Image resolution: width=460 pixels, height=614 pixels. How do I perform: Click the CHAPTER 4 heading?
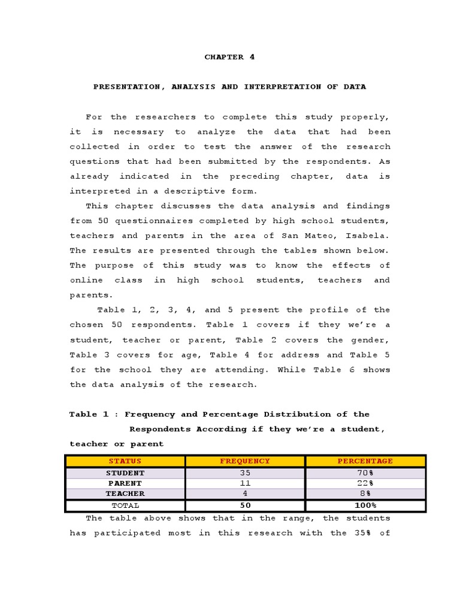tap(229, 57)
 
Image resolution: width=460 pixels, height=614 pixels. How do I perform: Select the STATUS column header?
tap(125, 461)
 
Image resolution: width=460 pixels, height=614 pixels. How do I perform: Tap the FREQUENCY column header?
tap(245, 461)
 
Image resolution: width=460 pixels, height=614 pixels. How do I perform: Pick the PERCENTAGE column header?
tap(365, 461)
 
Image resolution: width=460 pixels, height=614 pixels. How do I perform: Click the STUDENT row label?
tap(125, 473)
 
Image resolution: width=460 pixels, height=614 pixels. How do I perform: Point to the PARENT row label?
tap(125, 483)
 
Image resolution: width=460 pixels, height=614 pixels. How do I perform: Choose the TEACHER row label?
tap(125, 493)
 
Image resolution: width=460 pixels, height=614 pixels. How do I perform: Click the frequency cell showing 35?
tap(245, 473)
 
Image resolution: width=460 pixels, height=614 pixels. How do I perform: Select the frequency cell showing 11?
tap(245, 483)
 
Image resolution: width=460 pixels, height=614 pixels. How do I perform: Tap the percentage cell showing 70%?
tap(365, 473)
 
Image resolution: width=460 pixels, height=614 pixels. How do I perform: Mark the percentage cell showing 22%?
tap(365, 483)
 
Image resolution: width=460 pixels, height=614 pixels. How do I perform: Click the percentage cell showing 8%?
tap(365, 493)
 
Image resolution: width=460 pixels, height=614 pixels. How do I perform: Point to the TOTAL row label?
tap(125, 505)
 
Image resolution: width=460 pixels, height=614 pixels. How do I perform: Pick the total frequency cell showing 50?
tap(245, 505)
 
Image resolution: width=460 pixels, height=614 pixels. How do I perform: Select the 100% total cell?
tap(365, 505)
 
